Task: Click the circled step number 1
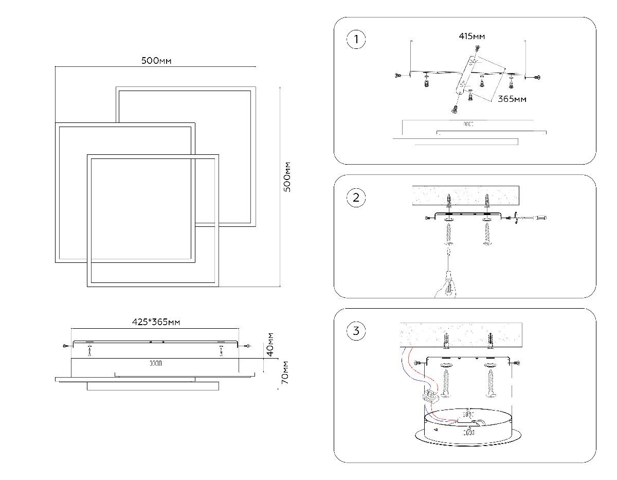tap(356, 40)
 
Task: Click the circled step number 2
tap(356, 198)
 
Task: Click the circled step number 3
tap(356, 331)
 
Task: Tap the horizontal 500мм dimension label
tap(156, 61)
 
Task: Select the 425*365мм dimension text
tap(156, 323)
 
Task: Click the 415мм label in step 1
tap(472, 37)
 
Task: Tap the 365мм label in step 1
tap(512, 99)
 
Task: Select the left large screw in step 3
tap(446, 381)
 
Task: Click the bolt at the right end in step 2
tap(541, 218)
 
